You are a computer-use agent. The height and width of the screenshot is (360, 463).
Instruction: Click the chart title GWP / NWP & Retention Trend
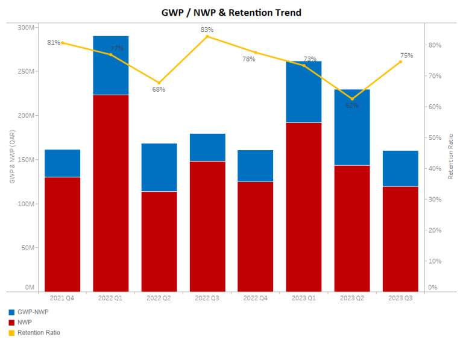(231, 12)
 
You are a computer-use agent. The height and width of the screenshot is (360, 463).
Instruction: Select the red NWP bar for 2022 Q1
(111, 193)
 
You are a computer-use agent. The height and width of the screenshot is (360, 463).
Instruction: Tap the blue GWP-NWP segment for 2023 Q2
(352, 127)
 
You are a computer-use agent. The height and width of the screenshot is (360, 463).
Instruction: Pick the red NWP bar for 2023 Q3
(400, 239)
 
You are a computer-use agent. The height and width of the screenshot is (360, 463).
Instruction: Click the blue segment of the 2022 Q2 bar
(159, 167)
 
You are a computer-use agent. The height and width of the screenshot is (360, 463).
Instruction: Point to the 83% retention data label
(207, 30)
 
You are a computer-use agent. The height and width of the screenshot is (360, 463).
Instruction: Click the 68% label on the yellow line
(159, 89)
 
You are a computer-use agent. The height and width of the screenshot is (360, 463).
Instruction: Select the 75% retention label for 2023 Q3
(406, 55)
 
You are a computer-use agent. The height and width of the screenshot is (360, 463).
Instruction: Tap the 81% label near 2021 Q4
(54, 43)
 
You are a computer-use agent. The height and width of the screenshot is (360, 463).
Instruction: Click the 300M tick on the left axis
(27, 27)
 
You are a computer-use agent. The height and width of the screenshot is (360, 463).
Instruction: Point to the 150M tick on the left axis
(27, 160)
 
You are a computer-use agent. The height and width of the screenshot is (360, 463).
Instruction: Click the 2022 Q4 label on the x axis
(256, 298)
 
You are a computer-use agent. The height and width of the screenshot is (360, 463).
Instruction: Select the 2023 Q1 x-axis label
(304, 298)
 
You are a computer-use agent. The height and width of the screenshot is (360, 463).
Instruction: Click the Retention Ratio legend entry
(39, 332)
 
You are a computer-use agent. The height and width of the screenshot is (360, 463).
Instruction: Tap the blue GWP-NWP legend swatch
(11, 312)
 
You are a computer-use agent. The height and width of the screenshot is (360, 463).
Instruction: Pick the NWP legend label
(25, 323)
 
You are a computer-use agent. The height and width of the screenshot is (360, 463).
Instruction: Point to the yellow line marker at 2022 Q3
(207, 36)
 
